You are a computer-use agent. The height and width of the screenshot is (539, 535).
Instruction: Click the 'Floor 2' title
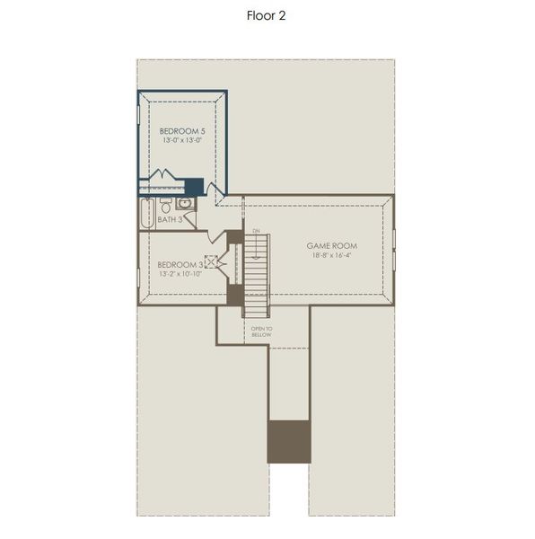click(267, 15)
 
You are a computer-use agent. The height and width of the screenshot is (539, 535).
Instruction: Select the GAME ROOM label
click(331, 245)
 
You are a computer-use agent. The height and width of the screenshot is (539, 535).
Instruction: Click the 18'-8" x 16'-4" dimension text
click(331, 255)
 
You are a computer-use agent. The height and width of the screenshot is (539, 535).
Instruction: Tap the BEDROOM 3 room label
click(180, 264)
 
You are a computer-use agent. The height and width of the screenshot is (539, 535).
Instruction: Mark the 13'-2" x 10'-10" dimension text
click(180, 273)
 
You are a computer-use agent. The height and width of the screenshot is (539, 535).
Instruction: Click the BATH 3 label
click(170, 219)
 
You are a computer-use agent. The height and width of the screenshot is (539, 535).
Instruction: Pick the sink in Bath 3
click(184, 204)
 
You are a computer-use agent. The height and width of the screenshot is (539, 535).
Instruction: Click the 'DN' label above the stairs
click(256, 232)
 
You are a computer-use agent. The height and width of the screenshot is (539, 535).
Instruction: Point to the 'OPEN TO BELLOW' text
click(261, 331)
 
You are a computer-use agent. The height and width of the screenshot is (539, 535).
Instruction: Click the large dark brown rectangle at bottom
click(289, 441)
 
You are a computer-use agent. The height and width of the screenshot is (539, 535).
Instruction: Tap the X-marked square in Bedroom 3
click(211, 262)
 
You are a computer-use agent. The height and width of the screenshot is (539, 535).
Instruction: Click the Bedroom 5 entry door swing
click(213, 190)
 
